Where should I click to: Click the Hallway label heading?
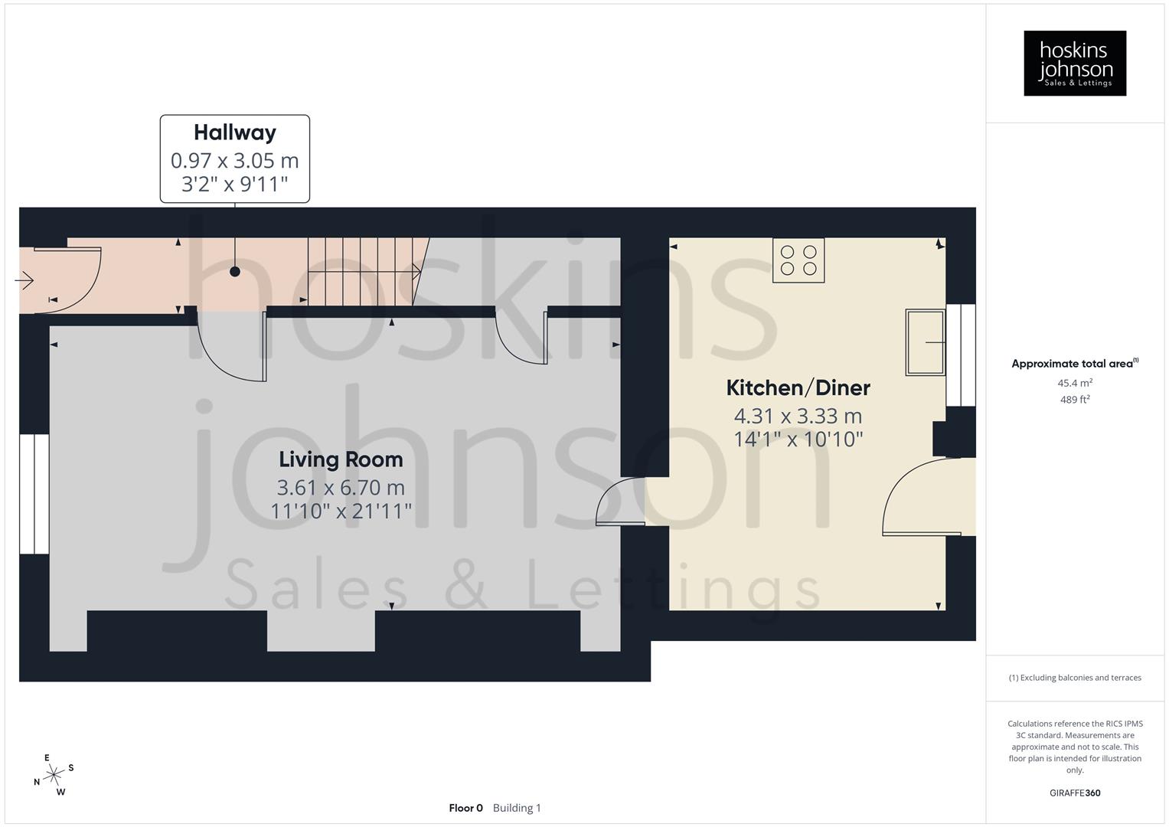tap(234, 132)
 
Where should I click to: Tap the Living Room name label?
tap(341, 459)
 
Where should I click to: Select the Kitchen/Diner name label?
tap(798, 387)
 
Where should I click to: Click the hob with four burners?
tap(798, 260)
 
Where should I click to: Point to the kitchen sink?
tap(925, 342)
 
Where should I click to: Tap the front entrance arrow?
tap(24, 281)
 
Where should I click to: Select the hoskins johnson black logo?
tap(1075, 64)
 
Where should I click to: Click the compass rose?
tap(54, 776)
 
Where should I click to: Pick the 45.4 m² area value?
tap(1075, 383)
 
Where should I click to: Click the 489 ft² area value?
tap(1075, 400)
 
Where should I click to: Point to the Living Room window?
tap(34, 494)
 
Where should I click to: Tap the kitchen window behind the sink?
tap(961, 355)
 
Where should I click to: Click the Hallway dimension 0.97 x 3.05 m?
tap(234, 161)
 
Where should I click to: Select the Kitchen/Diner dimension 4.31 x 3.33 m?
tap(798, 417)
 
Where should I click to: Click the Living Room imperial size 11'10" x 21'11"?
tap(341, 511)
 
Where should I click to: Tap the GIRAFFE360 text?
tap(1075, 793)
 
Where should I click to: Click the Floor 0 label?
tap(465, 808)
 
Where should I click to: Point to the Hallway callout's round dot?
tap(235, 272)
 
